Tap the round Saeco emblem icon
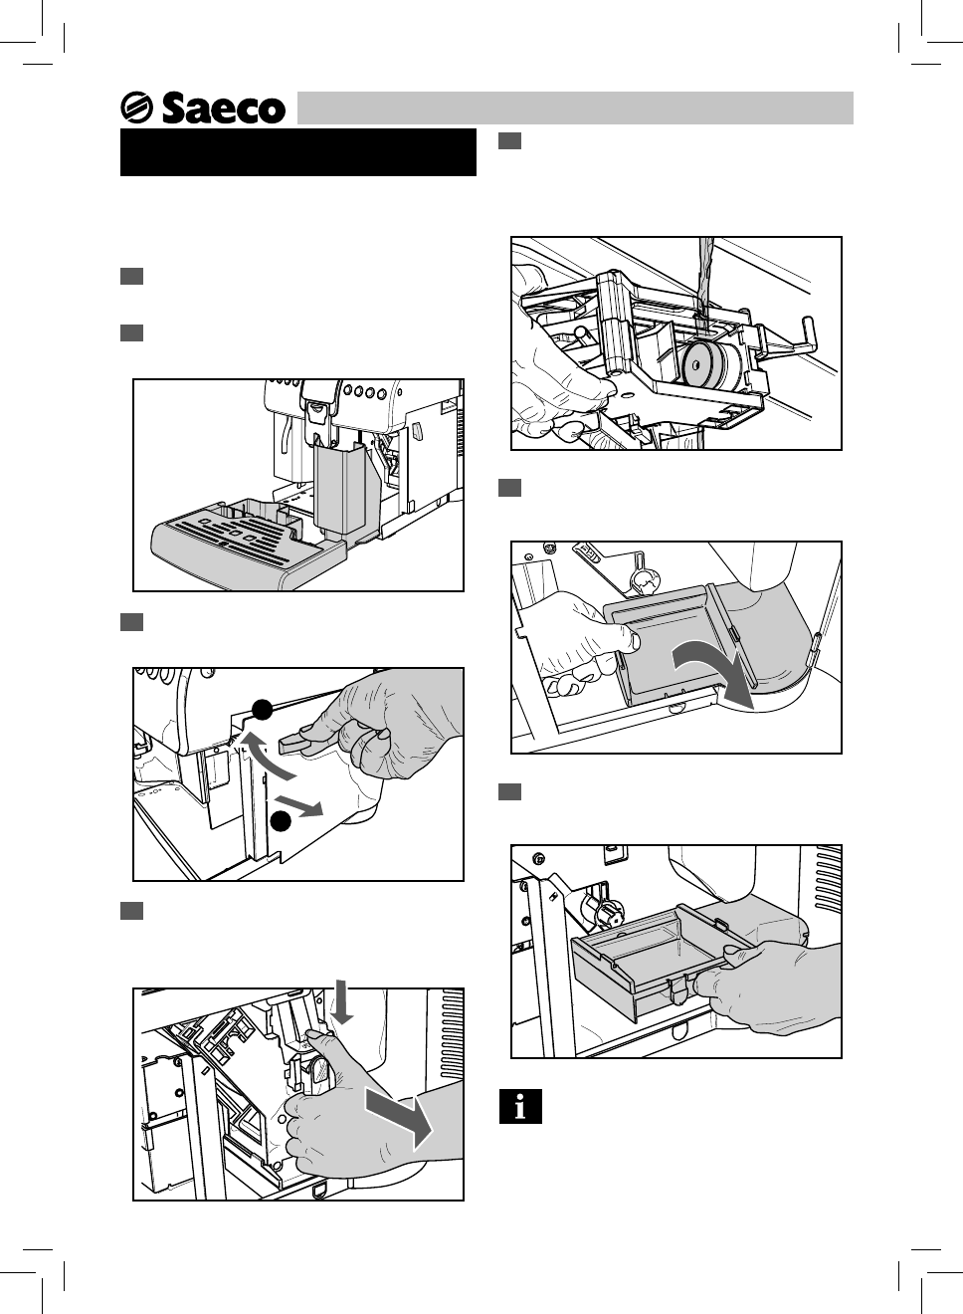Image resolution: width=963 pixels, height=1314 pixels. point(136,108)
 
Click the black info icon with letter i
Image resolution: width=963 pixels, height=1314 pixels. point(520,1106)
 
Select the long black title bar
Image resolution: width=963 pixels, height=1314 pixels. point(298,152)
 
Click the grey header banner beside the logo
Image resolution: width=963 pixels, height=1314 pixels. point(575,108)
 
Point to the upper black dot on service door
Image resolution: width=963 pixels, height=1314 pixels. point(262,710)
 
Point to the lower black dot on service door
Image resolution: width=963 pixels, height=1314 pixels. point(282,821)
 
